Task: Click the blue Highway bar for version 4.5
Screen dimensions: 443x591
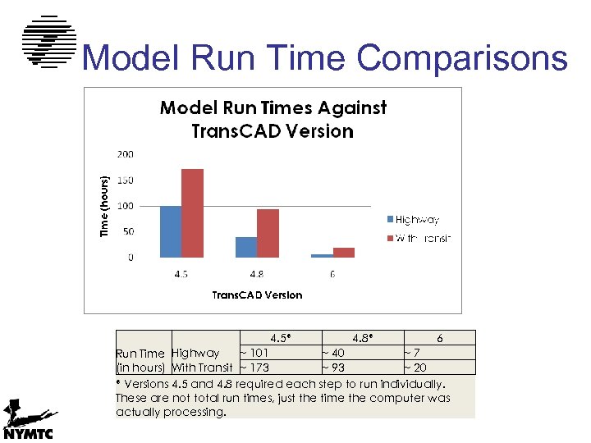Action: click(170, 231)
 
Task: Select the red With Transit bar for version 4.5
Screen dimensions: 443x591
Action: click(192, 213)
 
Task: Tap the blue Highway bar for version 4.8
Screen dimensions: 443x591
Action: click(246, 247)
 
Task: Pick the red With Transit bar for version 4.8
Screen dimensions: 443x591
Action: click(268, 233)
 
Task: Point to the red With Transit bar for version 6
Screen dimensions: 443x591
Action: click(344, 253)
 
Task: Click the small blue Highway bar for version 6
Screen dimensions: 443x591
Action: click(322, 256)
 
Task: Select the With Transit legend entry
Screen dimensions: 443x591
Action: click(418, 238)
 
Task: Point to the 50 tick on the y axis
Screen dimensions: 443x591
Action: click(128, 232)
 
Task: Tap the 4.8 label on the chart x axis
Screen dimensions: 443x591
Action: click(257, 274)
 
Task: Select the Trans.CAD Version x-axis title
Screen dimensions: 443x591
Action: click(257, 295)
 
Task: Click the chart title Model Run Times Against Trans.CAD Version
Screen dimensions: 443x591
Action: click(273, 120)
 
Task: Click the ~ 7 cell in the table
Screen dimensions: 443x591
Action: click(411, 353)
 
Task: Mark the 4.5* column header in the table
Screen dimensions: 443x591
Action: click(282, 338)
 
